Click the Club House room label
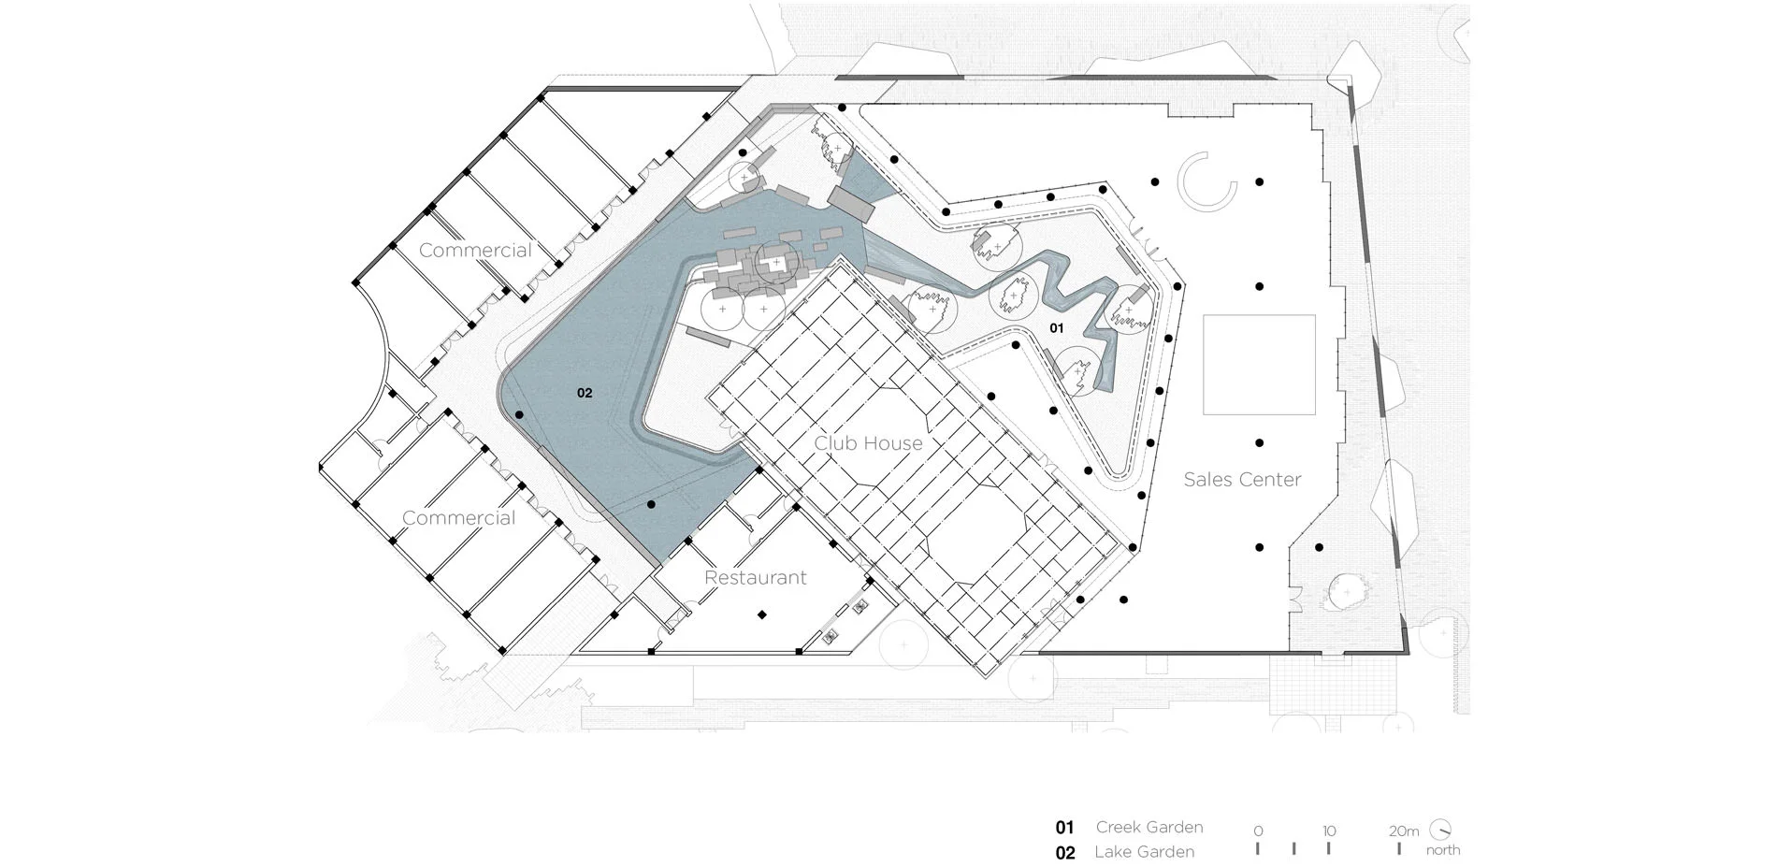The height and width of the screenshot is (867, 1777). [x=868, y=443]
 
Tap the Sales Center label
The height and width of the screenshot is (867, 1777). [x=1242, y=480]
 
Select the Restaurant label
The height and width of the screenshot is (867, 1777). [x=755, y=578]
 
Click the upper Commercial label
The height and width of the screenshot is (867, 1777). [x=475, y=250]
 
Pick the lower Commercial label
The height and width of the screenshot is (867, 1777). [x=458, y=518]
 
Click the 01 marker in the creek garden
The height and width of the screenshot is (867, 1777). [x=1056, y=328]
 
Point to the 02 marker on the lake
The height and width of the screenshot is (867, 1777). [x=585, y=393]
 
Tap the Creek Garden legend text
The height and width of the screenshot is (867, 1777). [x=1149, y=827]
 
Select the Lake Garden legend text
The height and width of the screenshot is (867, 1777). [x=1144, y=852]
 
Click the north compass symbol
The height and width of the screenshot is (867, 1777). [x=1441, y=830]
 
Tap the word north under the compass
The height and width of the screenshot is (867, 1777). [x=1443, y=850]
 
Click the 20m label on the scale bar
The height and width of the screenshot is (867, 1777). [x=1404, y=831]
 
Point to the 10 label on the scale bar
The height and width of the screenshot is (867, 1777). [x=1329, y=831]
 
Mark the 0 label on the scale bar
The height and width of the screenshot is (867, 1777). [x=1258, y=831]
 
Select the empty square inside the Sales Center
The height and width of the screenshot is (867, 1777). [x=1259, y=365]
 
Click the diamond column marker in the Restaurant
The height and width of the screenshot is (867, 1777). [x=762, y=614]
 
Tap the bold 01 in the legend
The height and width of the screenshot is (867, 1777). [x=1064, y=828]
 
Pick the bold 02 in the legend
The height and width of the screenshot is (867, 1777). [x=1065, y=853]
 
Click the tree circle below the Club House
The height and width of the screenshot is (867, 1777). [x=903, y=644]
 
